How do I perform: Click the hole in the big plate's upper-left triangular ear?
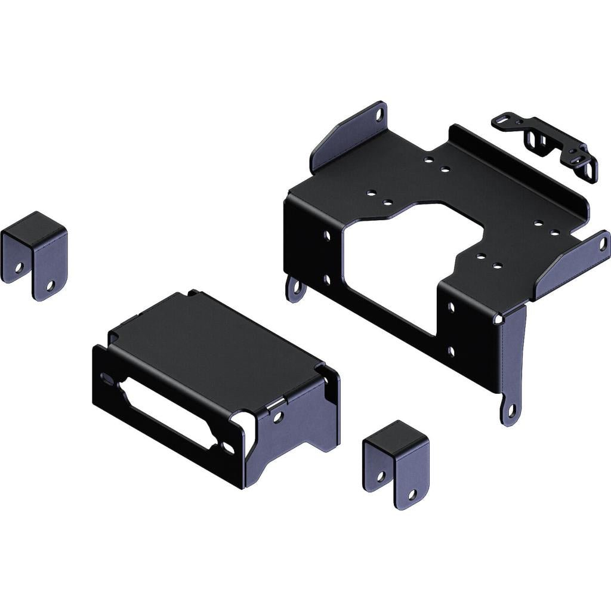point(379,115)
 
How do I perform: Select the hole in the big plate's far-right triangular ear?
point(603,243)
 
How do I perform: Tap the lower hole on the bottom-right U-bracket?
point(412,494)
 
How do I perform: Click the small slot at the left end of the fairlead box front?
point(106,378)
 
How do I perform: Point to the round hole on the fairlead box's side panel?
point(278,417)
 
